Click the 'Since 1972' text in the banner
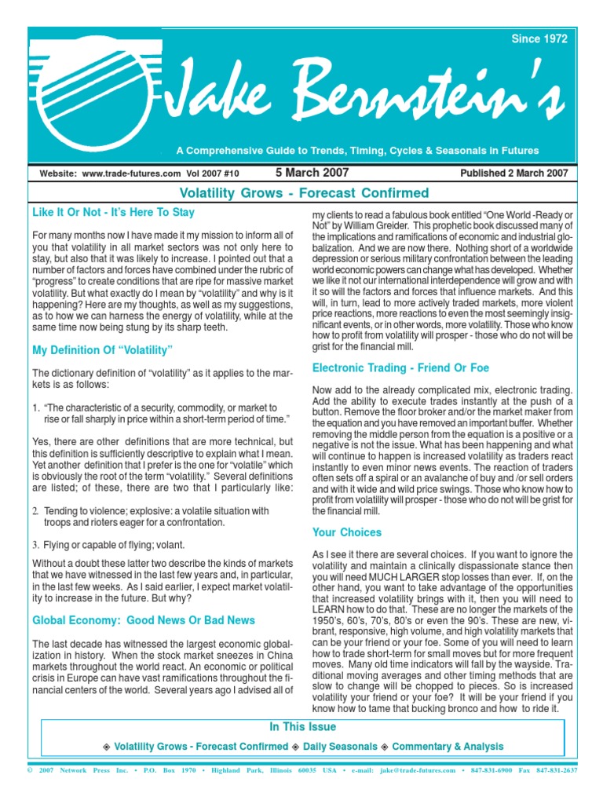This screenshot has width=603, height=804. (x=539, y=38)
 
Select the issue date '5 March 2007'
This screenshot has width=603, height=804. (x=312, y=173)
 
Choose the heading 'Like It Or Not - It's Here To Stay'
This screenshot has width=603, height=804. (x=113, y=213)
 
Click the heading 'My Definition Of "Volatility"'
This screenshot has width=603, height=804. (x=101, y=349)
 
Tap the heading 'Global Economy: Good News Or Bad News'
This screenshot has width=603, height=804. (x=143, y=620)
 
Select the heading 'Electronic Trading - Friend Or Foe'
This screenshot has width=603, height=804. (x=400, y=367)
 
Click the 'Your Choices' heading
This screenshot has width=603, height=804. (x=346, y=532)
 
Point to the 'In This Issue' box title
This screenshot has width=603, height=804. (x=302, y=727)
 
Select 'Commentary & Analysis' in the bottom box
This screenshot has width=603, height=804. (x=448, y=747)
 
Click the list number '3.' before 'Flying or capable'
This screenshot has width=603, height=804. (x=36, y=545)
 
